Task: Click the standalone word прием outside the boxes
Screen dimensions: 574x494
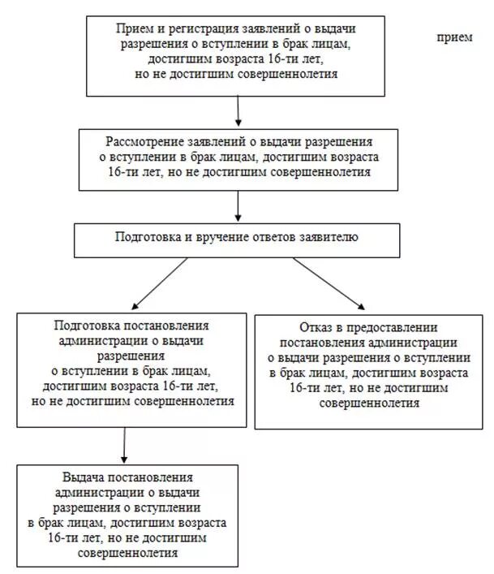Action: (453, 37)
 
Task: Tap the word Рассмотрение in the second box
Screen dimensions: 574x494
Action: (144, 141)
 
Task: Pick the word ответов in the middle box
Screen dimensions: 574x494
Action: (290, 239)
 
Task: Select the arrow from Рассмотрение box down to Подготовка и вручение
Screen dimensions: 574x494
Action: (238, 206)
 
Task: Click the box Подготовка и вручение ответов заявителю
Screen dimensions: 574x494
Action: (237, 240)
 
